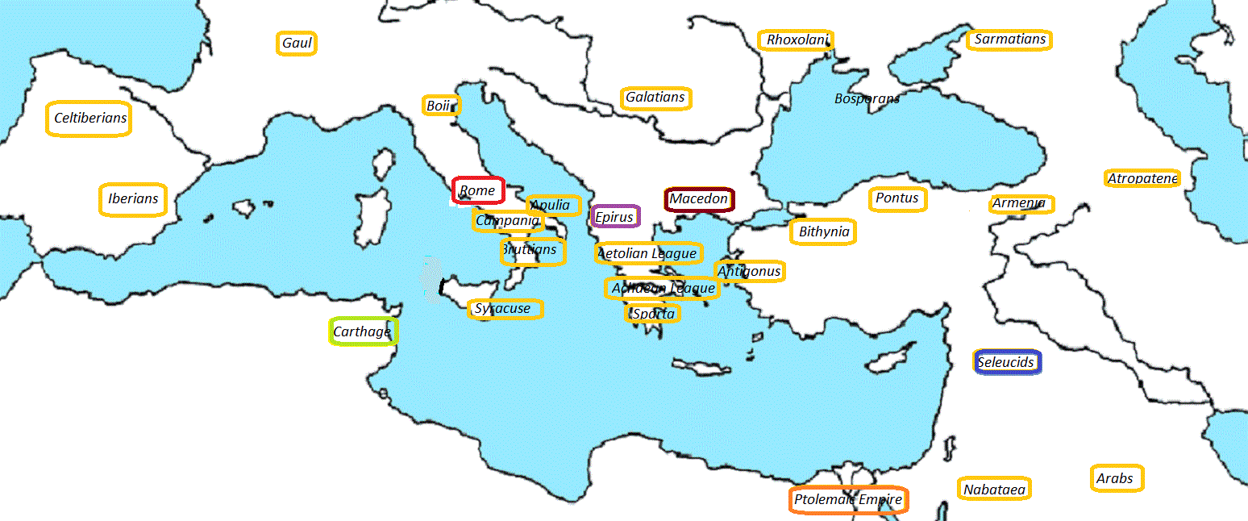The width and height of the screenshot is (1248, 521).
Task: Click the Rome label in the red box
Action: [x=478, y=191]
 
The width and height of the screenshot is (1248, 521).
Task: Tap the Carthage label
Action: [x=363, y=331]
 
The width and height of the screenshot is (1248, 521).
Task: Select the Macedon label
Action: [x=699, y=199]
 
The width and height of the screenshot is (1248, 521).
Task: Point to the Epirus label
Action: [x=615, y=217]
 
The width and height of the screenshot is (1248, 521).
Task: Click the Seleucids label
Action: [x=1006, y=362]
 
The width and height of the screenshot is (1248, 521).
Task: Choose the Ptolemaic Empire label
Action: [x=848, y=500]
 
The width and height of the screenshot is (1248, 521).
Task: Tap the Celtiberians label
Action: [x=89, y=119]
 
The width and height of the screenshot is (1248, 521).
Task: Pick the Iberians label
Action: [x=133, y=199]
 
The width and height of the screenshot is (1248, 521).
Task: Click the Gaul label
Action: [x=297, y=43]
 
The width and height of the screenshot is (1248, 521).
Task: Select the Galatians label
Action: [x=656, y=98]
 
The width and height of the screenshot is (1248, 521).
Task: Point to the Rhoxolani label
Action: [x=796, y=40]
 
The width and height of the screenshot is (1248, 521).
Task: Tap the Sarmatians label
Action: [x=1009, y=40]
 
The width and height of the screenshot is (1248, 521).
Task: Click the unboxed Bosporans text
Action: [x=867, y=99]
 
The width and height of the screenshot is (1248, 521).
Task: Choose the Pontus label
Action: [x=896, y=198]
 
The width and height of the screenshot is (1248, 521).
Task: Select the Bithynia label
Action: [x=823, y=232]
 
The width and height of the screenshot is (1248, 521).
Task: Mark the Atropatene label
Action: [x=1142, y=178]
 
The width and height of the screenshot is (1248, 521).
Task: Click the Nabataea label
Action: [x=995, y=490]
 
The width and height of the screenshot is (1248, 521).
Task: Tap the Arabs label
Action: [x=1116, y=478]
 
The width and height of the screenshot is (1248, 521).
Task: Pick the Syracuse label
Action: [x=505, y=309]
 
